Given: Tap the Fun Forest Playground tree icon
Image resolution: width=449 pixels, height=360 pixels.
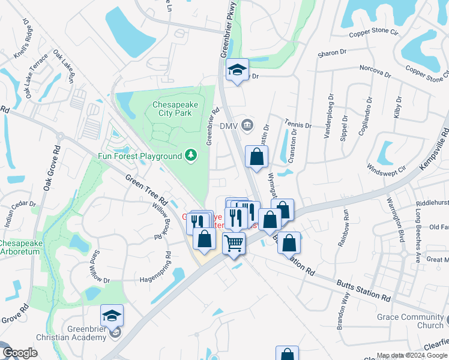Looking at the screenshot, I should (191, 156).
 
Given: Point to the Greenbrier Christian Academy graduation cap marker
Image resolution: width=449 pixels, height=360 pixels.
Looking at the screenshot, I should (112, 314).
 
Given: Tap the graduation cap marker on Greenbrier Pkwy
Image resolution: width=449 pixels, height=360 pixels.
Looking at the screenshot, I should (237, 70).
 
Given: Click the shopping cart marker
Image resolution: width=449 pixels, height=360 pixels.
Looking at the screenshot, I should (234, 243).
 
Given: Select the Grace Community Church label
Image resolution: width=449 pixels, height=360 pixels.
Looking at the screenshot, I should (410, 321).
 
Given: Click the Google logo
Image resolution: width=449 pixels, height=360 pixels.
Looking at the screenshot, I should (19, 353).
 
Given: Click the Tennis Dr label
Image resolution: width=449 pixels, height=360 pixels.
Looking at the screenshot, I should (298, 124).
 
